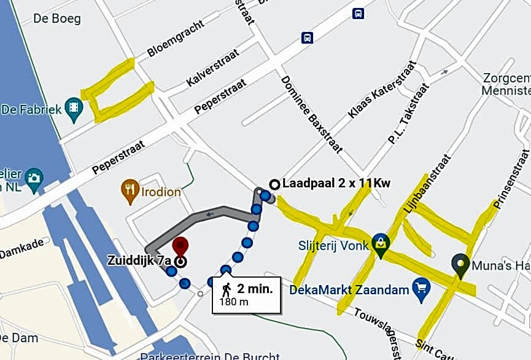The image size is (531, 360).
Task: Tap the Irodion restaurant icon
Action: tap(130, 191)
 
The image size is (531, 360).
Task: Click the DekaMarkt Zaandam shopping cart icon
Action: tap(421, 289)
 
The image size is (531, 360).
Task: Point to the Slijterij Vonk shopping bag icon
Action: tap(381, 244)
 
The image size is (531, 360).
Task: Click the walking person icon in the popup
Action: tap(227, 288)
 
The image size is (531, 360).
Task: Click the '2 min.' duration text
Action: tap(255, 288)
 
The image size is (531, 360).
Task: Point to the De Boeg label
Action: tap(57, 18)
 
